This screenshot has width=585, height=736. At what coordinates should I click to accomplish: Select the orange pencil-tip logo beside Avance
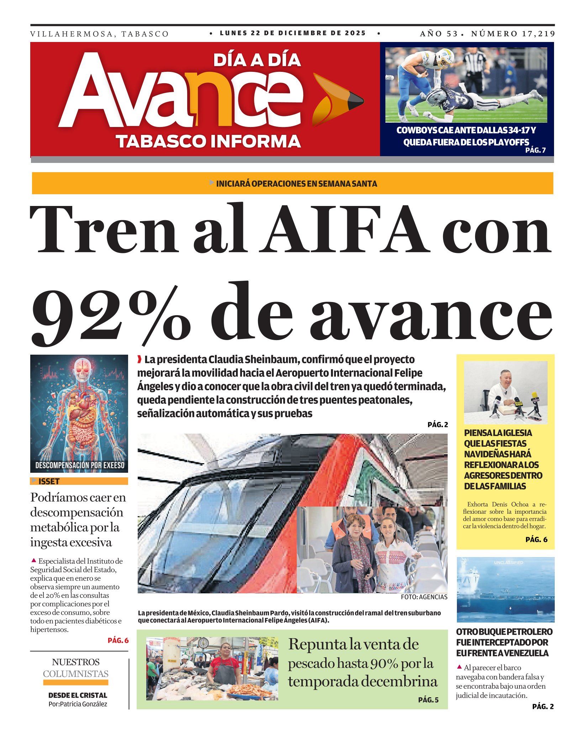pyautogui.click(x=337, y=100)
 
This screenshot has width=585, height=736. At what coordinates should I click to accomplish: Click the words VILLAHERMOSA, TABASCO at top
pyautogui.click(x=99, y=34)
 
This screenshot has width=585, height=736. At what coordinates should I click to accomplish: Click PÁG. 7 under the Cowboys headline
pyautogui.click(x=535, y=150)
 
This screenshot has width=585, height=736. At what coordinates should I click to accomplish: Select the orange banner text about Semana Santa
pyautogui.click(x=296, y=184)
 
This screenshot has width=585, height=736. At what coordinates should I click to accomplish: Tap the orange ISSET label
pyautogui.click(x=49, y=481)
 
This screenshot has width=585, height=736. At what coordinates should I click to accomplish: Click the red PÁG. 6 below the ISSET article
pyautogui.click(x=118, y=640)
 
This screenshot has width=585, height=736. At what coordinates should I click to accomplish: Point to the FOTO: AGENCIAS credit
pyautogui.click(x=424, y=597)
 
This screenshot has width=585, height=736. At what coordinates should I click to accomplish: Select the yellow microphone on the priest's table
pyautogui.click(x=534, y=396)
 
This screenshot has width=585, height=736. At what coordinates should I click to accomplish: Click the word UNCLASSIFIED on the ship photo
pyautogui.click(x=508, y=562)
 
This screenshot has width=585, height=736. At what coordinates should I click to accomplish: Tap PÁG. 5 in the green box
pyautogui.click(x=428, y=700)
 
